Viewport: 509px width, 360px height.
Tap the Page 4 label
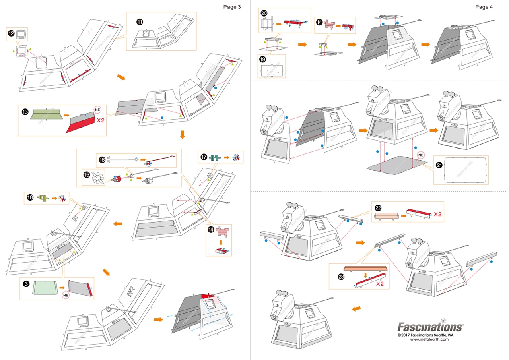pyautogui.click(x=484, y=6)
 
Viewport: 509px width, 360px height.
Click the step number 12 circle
pyautogui.click(x=11, y=34)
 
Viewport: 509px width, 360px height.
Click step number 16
pyautogui.click(x=102, y=160)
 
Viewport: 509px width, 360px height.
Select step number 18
pyautogui.click(x=30, y=197)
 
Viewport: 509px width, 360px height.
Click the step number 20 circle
pyautogui.click(x=264, y=13)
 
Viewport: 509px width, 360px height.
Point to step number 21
pyautogui.click(x=440, y=166)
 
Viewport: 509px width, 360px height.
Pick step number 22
pyautogui.click(x=378, y=208)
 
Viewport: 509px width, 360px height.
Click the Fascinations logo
pyautogui.click(x=430, y=327)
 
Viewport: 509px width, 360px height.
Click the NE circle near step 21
pyautogui.click(x=421, y=155)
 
